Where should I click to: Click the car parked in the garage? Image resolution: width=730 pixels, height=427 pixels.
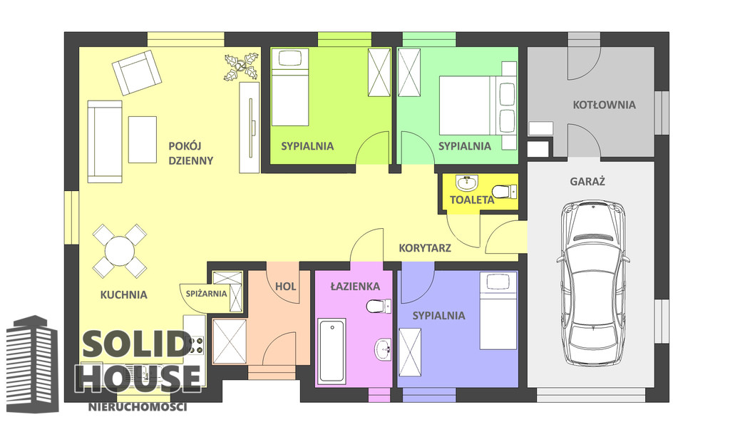pos(593,283)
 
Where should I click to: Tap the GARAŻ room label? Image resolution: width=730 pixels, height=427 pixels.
pos(587,181)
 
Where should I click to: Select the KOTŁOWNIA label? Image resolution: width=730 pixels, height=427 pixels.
pos(605,105)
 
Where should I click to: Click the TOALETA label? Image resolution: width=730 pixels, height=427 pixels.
pos(472,200)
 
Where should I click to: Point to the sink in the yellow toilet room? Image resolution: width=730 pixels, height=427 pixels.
pos(467,183)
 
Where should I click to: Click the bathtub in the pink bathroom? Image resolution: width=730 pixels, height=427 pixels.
pos(331,351)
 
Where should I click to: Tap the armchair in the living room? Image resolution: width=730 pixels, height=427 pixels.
pos(136,73)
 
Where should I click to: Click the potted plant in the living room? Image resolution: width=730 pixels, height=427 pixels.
pos(241,67)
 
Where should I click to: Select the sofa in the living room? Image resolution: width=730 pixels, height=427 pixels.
pos(105,141)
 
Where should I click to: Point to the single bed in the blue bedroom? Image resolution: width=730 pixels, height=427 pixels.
pos(498,311)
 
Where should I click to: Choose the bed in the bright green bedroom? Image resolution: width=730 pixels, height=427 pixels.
pos(290,87)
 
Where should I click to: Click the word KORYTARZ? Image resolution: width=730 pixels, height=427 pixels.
pos(425,248)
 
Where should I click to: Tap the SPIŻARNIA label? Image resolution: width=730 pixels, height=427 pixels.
pos(206,294)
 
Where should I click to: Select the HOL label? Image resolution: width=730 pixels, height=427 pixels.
pos(285,287)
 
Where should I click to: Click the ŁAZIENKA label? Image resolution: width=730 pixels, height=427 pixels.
pos(355,286)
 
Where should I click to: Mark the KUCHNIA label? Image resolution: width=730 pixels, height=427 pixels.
pos(124,294)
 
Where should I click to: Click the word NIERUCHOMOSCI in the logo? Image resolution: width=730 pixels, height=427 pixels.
pos(138,407)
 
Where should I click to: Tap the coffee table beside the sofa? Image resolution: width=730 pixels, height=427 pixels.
pos(143,140)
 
